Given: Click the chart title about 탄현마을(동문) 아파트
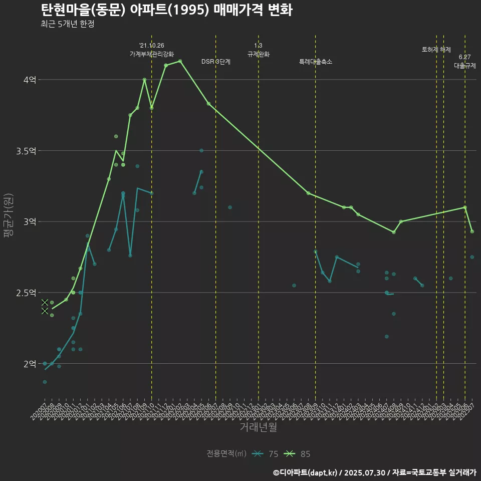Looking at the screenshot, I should tap(166, 10).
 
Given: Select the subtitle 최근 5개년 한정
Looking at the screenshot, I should tap(67, 24).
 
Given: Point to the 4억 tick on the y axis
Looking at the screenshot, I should tap(30, 80).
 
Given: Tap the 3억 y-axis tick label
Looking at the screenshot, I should tap(30, 221).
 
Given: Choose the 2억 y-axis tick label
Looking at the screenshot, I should tap(30, 364).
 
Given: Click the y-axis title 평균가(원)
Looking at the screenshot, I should tap(9, 221).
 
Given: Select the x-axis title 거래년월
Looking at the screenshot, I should tap(258, 427).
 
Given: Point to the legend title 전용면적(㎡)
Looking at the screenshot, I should tap(226, 454).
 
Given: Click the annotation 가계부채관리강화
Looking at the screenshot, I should tap(152, 54).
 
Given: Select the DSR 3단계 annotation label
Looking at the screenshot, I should tap(216, 62).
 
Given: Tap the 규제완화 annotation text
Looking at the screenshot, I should tap(259, 54).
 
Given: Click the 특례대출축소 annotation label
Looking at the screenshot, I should tap(316, 62).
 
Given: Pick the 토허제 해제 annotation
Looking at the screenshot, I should tap(436, 50).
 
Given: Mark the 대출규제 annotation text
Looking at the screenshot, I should tap(465, 66).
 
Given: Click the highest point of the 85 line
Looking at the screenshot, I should tap(180, 61).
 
